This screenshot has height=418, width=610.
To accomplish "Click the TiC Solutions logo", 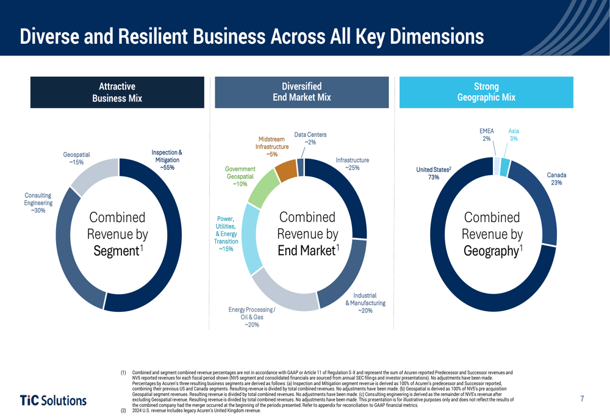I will coord(54,400).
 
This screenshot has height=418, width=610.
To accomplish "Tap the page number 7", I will coord(582,399).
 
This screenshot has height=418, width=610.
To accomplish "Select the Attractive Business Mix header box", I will coord(117,92).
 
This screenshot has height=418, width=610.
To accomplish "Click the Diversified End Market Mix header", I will coord(301,92).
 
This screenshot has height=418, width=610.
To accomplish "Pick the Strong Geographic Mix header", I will coord(486,92).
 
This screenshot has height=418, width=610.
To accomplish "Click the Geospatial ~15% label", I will coord(76,159).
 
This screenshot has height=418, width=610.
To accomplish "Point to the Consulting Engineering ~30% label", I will coord(38,203).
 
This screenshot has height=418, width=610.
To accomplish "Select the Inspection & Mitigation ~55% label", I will coord(167,159).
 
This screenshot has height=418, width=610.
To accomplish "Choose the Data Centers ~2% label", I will coord(310,139).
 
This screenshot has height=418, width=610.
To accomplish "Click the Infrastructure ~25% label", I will coord(352,164).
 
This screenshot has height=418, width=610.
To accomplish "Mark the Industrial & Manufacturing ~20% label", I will coord(365,303).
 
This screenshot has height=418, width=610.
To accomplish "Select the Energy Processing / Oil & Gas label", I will coord(251,317).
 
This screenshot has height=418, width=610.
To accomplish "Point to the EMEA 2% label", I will coord(487,135).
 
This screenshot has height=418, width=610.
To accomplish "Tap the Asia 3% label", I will coord(514,135).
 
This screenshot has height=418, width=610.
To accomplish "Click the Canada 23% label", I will coord(556,179).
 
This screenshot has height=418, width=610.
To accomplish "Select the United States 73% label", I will coord(433,173).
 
